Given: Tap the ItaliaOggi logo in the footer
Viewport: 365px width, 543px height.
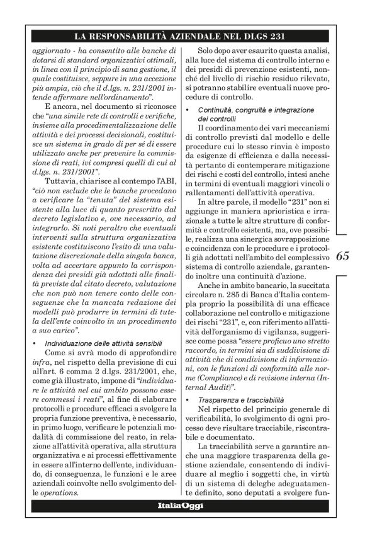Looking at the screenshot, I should coord(180,506).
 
